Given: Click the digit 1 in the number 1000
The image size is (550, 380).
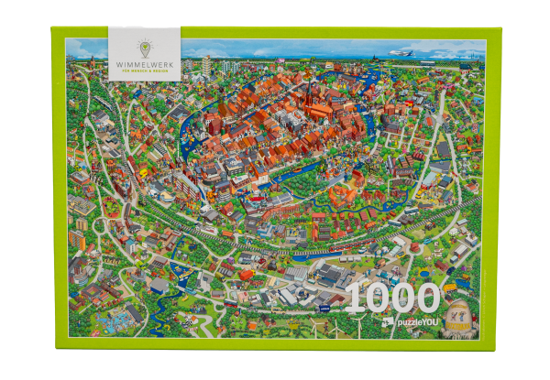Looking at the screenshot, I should click(x=354, y=300).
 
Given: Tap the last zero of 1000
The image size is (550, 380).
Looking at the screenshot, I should click(x=423, y=300).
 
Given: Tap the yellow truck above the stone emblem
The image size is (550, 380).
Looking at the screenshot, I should click(x=451, y=287).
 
